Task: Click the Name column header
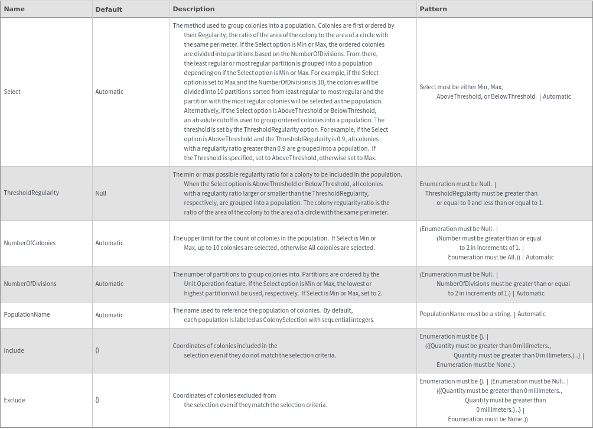point(14,9)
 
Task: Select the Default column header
point(109,9)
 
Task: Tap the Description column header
point(194,9)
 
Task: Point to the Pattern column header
point(433,9)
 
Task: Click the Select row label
point(12,92)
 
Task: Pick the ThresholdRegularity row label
point(31,193)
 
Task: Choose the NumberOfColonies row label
point(30,243)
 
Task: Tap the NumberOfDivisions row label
point(30,284)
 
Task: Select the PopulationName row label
point(27,314)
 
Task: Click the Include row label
point(14,350)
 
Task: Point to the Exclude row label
point(15,400)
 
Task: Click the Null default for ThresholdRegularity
point(101,193)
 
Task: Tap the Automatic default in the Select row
point(109,92)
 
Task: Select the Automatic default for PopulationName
point(109,315)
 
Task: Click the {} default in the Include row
point(97,350)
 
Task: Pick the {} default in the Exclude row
point(97,400)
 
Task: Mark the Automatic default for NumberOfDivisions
point(109,284)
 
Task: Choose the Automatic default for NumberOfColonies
point(109,243)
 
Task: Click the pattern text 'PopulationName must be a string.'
point(465,314)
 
